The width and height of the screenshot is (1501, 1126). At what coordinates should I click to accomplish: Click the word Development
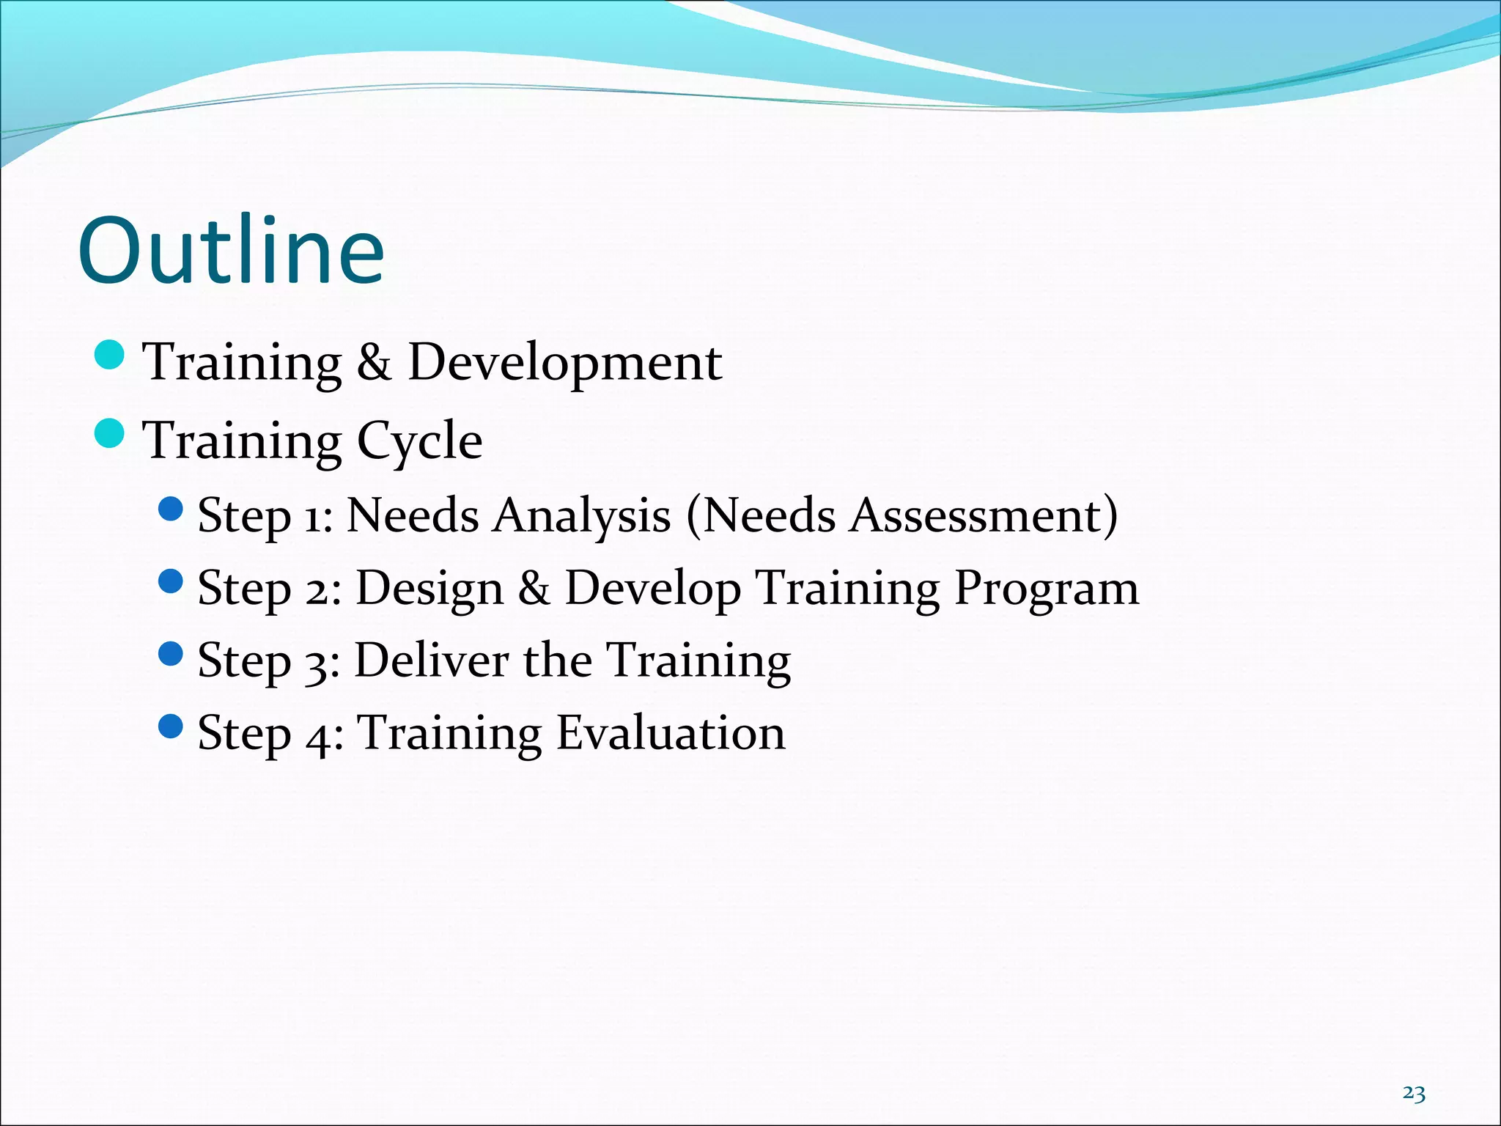(564, 362)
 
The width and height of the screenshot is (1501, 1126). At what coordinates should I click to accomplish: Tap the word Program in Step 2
(1046, 589)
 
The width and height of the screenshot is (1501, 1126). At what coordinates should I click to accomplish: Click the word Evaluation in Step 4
(671, 732)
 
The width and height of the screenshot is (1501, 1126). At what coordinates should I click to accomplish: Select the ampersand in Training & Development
(374, 362)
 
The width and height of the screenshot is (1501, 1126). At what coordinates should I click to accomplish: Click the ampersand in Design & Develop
(534, 589)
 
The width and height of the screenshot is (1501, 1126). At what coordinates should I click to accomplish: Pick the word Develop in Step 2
(652, 589)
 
